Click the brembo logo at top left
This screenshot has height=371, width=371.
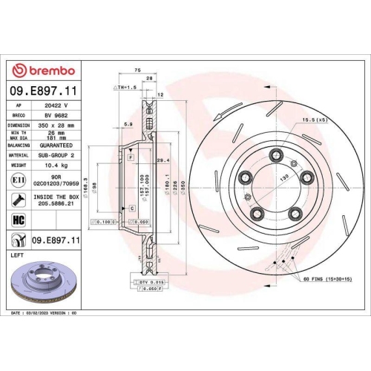[42, 70]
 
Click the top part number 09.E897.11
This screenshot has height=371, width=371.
[42, 92]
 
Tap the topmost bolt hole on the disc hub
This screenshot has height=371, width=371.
[277, 154]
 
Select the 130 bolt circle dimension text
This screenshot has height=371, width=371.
[282, 180]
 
